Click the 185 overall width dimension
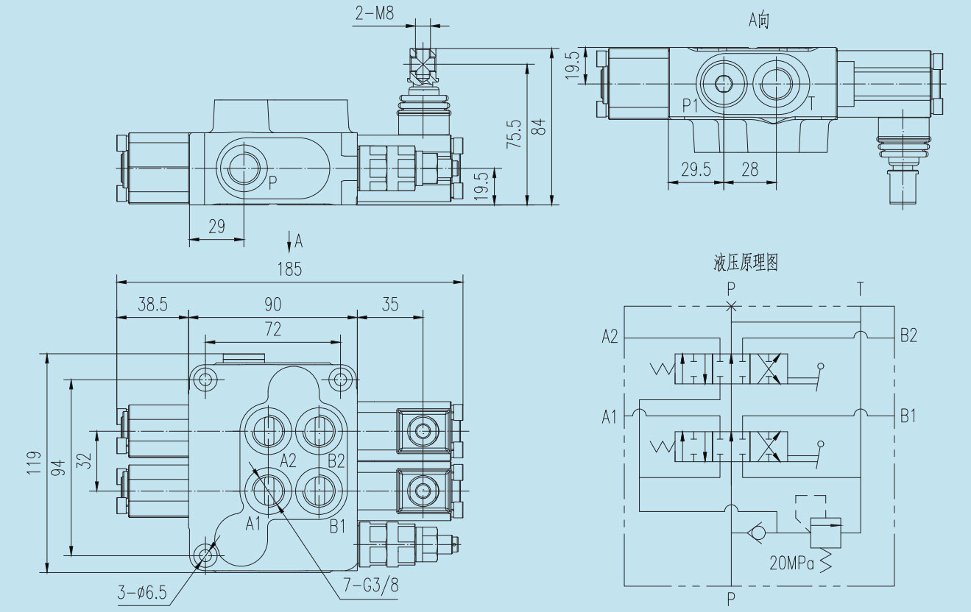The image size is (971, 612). [290, 269]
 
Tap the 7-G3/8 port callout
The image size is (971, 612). [371, 586]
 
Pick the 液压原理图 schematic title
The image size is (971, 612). [745, 263]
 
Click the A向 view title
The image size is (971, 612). [759, 20]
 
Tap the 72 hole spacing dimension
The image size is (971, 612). [272, 330]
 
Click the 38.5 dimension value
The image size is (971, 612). [152, 305]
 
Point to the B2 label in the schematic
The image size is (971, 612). [908, 336]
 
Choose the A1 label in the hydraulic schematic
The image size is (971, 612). [610, 417]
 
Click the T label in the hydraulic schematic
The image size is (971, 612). [860, 289]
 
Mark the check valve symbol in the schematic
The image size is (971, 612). [756, 531]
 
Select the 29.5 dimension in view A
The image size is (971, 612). [696, 170]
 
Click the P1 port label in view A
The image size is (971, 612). [690, 104]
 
